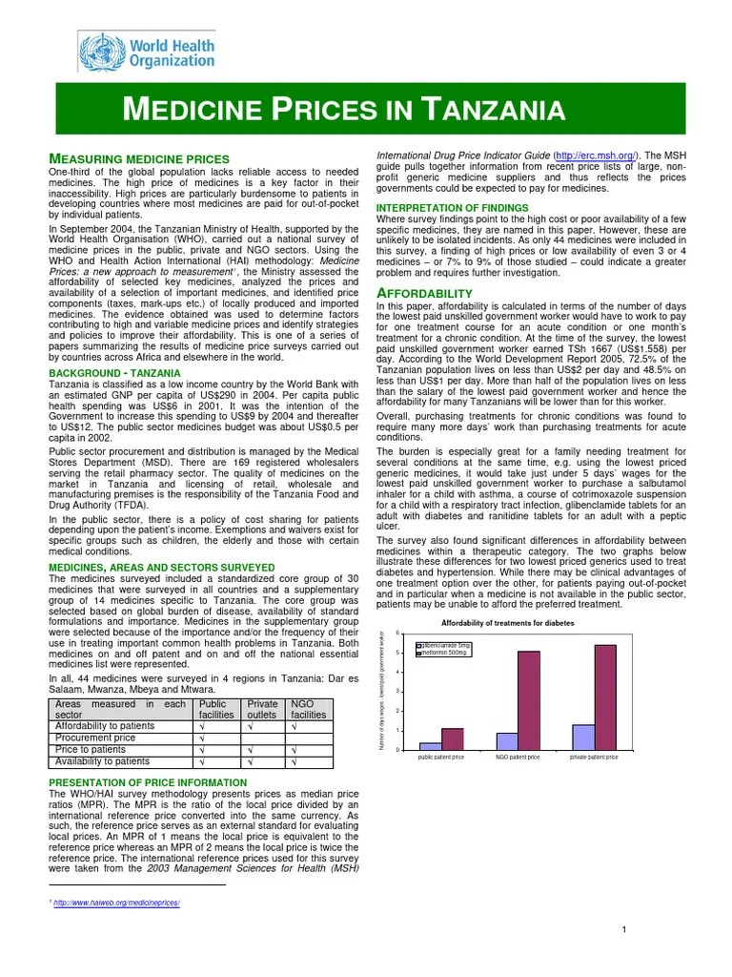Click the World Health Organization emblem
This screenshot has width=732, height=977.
click(x=96, y=49)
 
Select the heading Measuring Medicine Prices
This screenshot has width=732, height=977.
click(x=138, y=158)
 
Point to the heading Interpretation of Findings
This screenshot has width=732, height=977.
click(x=452, y=208)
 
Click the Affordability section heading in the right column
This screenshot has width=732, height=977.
click(x=424, y=292)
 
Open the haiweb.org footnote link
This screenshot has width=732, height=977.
click(x=117, y=903)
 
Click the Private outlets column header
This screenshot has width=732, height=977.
click(x=262, y=708)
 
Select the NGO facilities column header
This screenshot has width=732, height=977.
click(x=309, y=708)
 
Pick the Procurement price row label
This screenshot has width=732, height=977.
click(x=95, y=738)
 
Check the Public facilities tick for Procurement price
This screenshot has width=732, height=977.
click(x=201, y=738)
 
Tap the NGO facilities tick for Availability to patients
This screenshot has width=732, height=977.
click(x=294, y=761)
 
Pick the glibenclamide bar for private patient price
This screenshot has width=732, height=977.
click(x=582, y=737)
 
